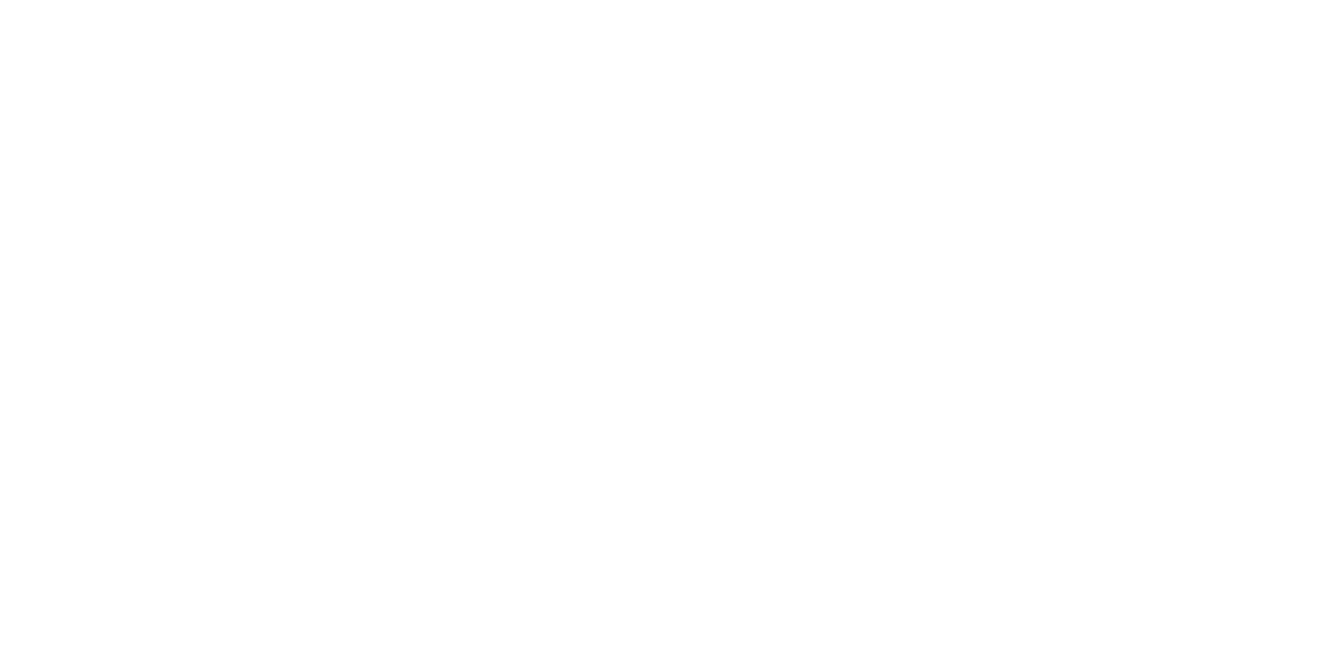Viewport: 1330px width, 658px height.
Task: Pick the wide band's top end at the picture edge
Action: [166, 2]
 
